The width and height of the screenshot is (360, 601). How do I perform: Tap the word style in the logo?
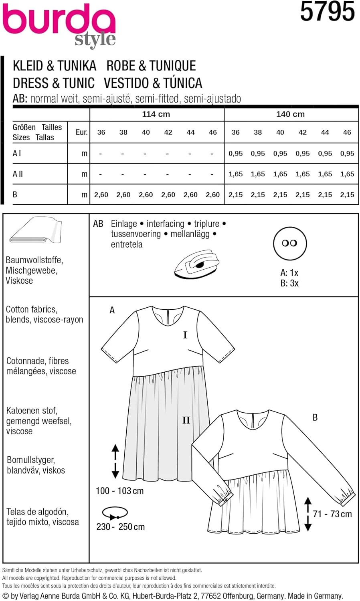click(x=95, y=39)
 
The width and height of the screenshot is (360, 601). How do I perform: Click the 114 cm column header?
click(x=156, y=114)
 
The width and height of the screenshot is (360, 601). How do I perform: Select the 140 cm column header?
click(x=290, y=114)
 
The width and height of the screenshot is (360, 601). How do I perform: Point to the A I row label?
click(x=17, y=153)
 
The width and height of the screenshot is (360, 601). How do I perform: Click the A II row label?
click(x=18, y=174)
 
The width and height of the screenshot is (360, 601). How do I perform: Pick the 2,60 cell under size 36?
click(x=101, y=195)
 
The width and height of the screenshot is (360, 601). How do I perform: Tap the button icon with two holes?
click(x=289, y=243)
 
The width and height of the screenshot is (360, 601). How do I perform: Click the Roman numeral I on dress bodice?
click(x=185, y=335)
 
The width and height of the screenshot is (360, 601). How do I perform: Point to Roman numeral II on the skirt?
click(x=186, y=420)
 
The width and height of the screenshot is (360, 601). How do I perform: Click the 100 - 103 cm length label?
click(x=119, y=491)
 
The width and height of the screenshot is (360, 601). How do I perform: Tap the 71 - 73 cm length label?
click(x=332, y=514)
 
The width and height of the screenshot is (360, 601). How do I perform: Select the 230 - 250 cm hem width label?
click(x=120, y=527)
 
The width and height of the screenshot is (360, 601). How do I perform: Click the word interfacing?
click(x=165, y=224)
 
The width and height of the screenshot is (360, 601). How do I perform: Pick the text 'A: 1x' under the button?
click(x=289, y=273)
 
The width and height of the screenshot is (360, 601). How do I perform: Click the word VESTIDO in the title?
click(x=126, y=83)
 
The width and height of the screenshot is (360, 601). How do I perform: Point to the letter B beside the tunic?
click(x=315, y=417)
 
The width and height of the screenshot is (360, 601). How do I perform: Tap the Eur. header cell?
click(x=81, y=132)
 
